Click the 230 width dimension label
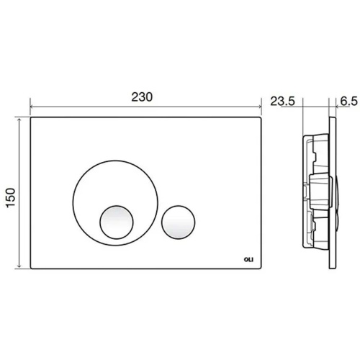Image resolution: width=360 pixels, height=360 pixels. coord(142,97)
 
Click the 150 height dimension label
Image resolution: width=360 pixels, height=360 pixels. coord(11,197)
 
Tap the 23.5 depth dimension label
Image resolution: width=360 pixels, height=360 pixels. coord(282,102)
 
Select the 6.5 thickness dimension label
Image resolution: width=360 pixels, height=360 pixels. coord(348,102)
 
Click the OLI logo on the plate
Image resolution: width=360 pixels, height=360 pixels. coord(248,259)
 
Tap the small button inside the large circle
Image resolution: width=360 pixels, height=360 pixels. coord(117,222)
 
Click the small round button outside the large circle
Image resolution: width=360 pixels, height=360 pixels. coord(178,222)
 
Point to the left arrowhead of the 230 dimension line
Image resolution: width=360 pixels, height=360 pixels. coord(32,107)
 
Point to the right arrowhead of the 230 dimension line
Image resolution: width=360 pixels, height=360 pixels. coord(260,107)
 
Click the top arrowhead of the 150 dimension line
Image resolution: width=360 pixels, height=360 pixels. coord(19,120)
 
